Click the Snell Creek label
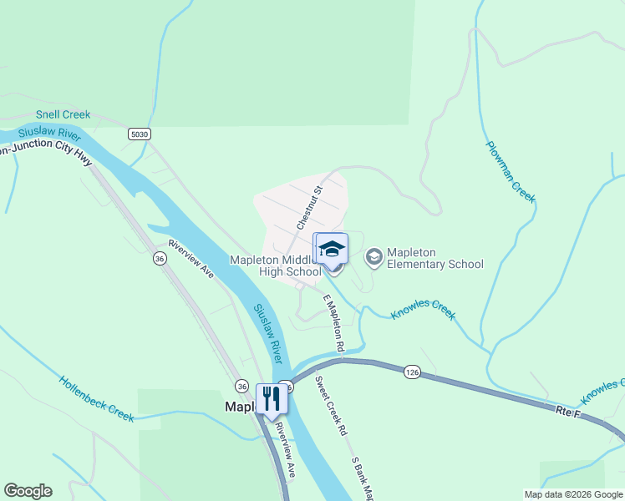point(63,114)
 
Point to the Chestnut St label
point(308,209)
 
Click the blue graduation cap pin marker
point(331,249)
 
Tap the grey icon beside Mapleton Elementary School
point(373,254)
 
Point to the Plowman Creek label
point(510,171)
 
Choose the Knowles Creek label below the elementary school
point(424,310)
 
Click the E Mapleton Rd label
point(333,322)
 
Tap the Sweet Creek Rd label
point(330,407)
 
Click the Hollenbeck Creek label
point(96,398)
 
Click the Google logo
point(28,491)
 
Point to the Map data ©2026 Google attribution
point(572,494)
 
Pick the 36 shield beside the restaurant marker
point(241,385)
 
